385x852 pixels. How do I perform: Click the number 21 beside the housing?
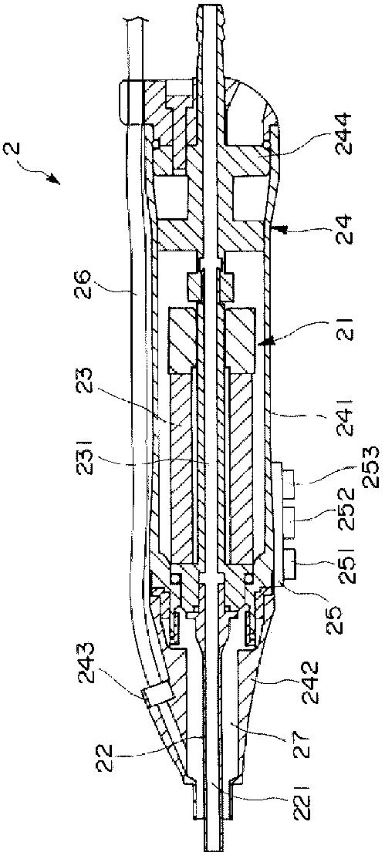pos(346,327)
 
